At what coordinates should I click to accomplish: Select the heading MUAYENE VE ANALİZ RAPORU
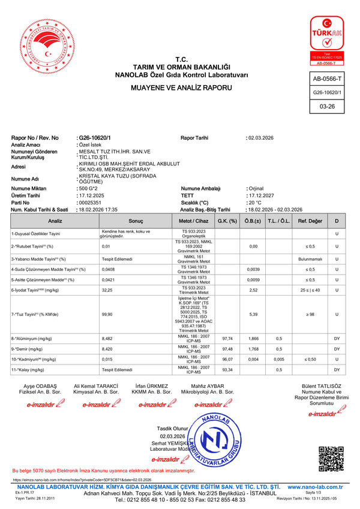point(182,88)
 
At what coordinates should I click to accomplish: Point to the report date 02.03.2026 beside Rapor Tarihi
point(261,138)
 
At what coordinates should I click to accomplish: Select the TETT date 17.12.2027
point(261,195)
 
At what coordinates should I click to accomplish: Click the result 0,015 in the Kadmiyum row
point(107,359)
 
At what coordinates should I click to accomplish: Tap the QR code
point(329,459)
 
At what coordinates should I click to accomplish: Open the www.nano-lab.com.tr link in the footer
point(316,487)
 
